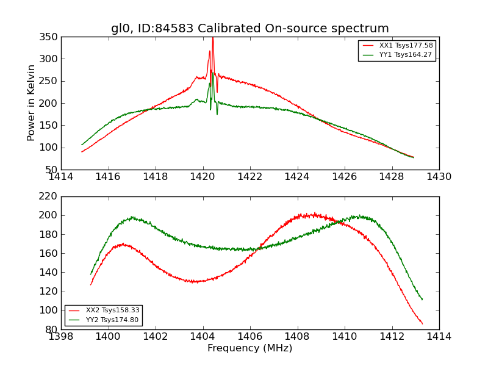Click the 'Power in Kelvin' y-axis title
[x=32, y=103]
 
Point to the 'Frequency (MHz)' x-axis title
[x=250, y=348]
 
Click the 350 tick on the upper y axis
[x=50, y=37]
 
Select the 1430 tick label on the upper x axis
[x=439, y=177]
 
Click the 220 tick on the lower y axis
[x=50, y=196]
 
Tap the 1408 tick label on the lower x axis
[x=297, y=337]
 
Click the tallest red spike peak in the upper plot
[x=212, y=38]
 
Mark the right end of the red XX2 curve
[x=422, y=324]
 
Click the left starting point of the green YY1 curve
[x=82, y=145]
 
